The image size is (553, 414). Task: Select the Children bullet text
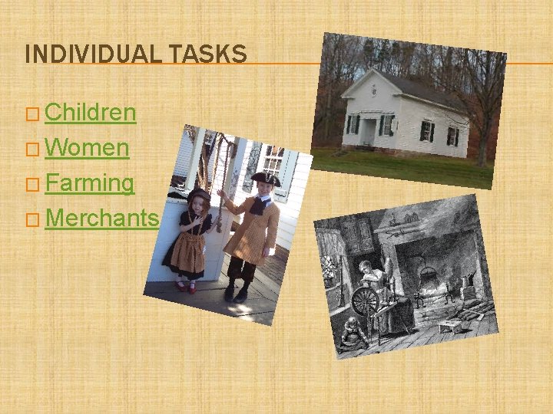click(x=90, y=113)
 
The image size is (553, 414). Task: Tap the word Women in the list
click(x=86, y=148)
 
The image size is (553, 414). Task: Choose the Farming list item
click(x=89, y=183)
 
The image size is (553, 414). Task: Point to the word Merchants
click(x=101, y=219)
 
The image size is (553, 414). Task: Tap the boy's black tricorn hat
click(x=265, y=179)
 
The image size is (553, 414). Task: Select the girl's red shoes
click(x=185, y=287)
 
